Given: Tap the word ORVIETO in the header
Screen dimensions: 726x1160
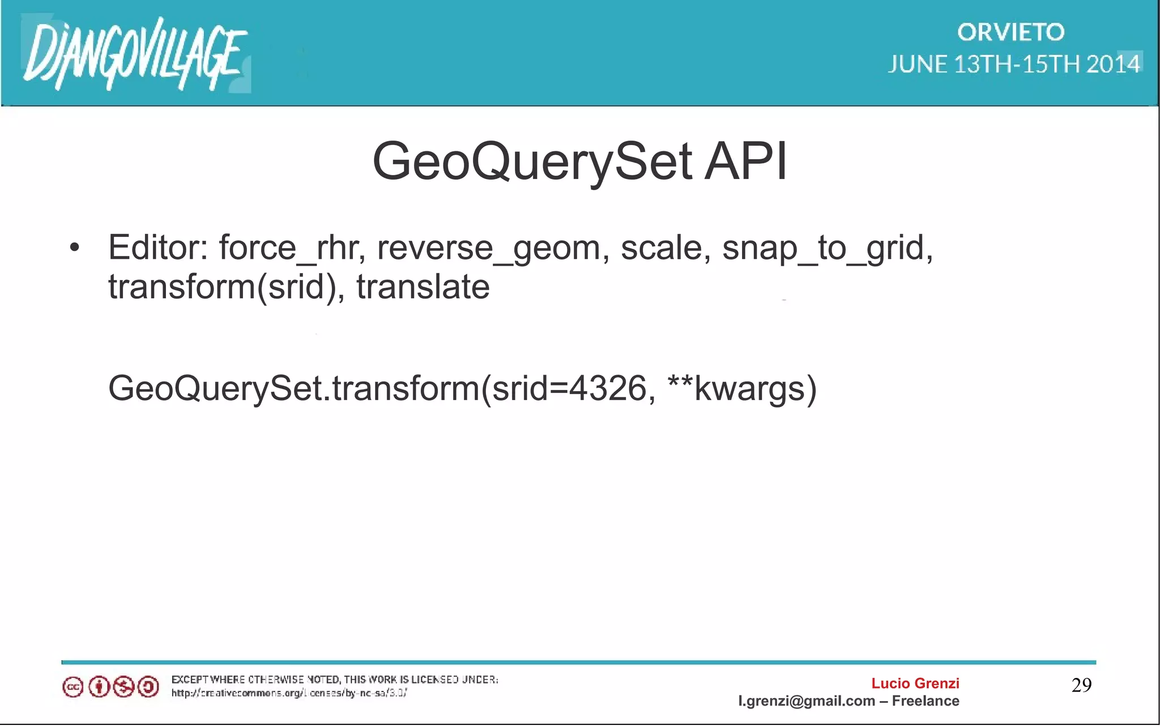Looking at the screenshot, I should click(x=1011, y=32).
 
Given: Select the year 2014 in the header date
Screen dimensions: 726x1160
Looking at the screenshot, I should click(x=1113, y=64).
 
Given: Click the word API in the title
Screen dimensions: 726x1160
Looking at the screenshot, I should click(x=746, y=162).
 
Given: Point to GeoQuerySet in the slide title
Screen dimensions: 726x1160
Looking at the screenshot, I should click(x=532, y=162).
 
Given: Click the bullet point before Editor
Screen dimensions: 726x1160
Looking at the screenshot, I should click(x=74, y=248).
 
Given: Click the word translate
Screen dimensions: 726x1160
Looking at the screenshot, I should click(x=423, y=287).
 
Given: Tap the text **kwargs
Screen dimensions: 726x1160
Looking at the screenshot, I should click(x=742, y=389).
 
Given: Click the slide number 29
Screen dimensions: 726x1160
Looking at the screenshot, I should click(x=1081, y=685).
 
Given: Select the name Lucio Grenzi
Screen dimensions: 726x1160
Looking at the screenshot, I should click(x=915, y=683).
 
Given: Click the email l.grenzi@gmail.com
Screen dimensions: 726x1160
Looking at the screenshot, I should click(x=807, y=701).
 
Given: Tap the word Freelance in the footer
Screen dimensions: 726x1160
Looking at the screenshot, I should click(x=926, y=701).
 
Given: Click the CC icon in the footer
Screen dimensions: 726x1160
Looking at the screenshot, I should click(x=72, y=687).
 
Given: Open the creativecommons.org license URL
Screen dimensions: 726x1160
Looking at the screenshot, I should click(x=289, y=693).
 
